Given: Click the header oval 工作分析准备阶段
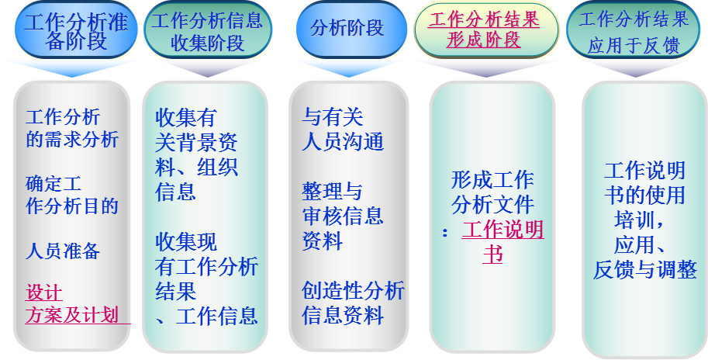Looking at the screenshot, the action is tap(76, 30).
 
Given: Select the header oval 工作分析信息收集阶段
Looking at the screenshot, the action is tap(207, 30).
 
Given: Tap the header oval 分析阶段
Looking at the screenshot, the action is tap(351, 29).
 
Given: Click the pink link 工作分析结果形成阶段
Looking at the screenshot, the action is tap(484, 30).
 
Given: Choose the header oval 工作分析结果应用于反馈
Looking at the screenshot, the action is tap(634, 30).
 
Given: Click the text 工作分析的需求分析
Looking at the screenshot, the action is tap(72, 128).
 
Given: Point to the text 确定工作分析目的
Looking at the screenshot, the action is tap(72, 196).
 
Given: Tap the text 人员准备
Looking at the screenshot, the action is tap(62, 251).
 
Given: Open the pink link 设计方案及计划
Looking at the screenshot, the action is tap(72, 304).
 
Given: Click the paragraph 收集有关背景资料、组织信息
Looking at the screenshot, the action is tap(196, 154).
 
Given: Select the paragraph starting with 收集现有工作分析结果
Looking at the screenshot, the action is tap(206, 279).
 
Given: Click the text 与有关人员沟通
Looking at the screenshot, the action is tap(343, 130).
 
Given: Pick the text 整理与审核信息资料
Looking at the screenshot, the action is tap(343, 216).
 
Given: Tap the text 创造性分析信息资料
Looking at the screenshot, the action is tap(353, 303).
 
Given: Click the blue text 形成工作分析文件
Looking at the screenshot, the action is tap(492, 192).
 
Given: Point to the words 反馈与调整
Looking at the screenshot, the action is tap(644, 270).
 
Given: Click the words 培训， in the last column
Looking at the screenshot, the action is tap(638, 220).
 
